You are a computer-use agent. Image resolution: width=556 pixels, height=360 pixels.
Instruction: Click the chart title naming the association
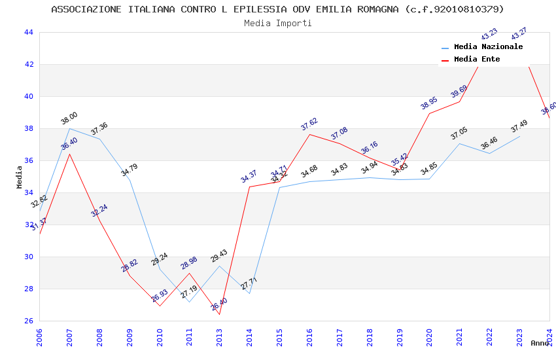coord(277,9)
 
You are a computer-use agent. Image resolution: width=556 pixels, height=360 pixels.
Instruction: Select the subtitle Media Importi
coord(277,23)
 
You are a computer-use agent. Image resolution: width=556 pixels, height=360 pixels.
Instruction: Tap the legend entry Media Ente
coord(477,59)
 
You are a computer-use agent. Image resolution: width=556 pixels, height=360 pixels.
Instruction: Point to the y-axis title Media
coord(19,177)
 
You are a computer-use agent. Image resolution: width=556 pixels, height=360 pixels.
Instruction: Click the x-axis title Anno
coord(540,343)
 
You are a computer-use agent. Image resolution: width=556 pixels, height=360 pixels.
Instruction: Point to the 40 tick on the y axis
coord(28,96)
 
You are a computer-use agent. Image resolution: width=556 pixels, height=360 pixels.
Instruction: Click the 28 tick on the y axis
coord(28,289)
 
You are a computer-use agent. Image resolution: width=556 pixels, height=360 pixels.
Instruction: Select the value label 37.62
coord(309,124)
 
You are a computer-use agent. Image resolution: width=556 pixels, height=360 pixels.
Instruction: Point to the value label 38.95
coord(428,103)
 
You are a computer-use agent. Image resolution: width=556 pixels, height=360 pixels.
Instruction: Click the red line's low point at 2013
coord(219,314)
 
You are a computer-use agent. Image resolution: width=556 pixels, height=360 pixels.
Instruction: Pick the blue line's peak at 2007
coord(69,128)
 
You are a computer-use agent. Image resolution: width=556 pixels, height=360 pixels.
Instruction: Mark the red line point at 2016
coord(309,134)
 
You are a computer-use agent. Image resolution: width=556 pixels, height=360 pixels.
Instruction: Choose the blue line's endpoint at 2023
coord(519,136)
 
